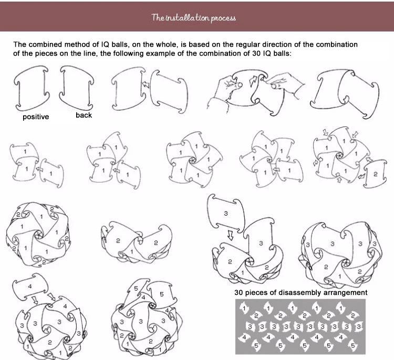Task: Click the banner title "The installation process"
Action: [193, 18]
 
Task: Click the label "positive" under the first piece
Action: [36, 117]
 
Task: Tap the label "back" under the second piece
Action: [84, 115]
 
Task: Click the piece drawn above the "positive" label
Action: [32, 88]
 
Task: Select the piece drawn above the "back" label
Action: [77, 87]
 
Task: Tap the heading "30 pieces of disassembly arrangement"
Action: [301, 292]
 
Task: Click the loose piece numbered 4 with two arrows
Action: [30, 287]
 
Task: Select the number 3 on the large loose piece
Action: [226, 214]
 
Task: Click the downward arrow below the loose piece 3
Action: [230, 235]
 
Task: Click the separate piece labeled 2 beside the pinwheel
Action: [375, 174]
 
